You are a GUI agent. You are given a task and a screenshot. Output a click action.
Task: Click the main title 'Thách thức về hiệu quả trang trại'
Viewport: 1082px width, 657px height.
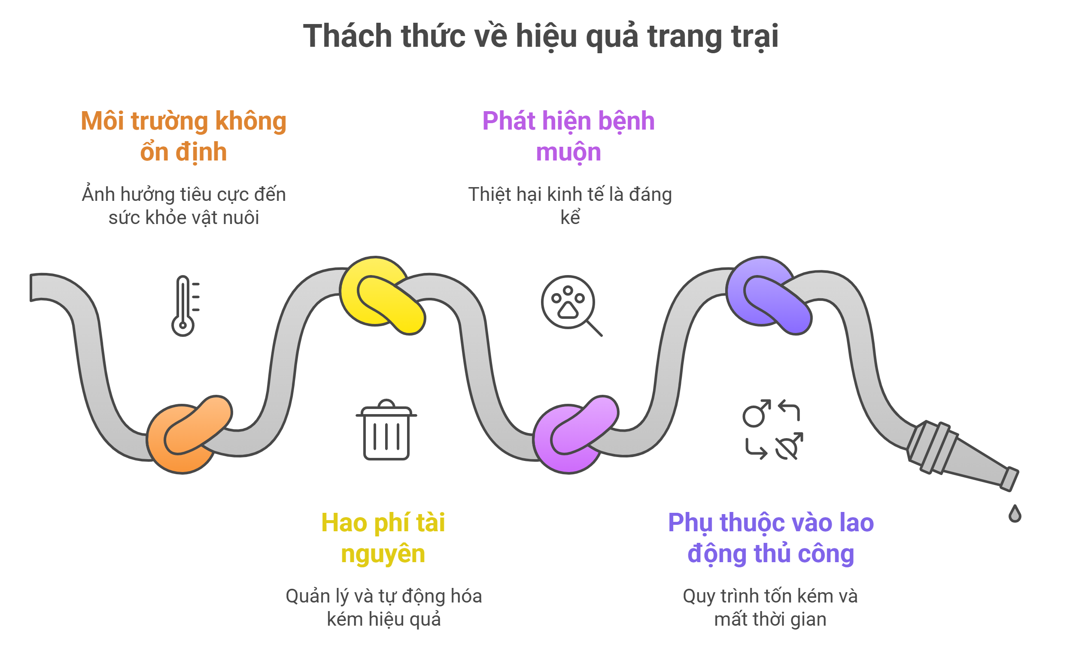click(x=541, y=36)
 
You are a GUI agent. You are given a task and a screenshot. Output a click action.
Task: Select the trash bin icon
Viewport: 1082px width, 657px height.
click(x=386, y=430)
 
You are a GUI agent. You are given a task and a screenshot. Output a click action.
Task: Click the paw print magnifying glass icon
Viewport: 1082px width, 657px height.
click(x=571, y=306)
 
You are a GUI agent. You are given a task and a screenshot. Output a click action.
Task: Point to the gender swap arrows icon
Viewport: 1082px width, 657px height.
click(x=773, y=430)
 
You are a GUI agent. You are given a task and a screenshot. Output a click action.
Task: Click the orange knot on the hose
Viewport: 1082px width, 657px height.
click(x=189, y=434)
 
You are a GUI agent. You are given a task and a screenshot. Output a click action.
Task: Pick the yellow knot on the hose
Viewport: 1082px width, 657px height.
click(x=382, y=295)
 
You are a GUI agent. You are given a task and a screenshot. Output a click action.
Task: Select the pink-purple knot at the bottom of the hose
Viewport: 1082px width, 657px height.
click(x=576, y=434)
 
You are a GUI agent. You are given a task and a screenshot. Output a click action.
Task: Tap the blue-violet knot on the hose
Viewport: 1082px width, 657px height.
click(x=769, y=295)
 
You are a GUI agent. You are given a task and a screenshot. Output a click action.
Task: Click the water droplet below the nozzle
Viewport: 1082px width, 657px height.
click(x=1015, y=514)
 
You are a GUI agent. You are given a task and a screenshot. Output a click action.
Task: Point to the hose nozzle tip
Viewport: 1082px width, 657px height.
click(x=1009, y=479)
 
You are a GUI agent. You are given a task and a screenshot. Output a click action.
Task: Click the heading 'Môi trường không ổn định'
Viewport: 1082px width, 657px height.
click(x=184, y=136)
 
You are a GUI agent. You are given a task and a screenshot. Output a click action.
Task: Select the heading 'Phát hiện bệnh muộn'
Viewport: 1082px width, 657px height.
click(x=568, y=136)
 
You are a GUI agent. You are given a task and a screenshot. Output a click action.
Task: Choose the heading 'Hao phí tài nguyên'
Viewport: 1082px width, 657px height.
click(x=383, y=538)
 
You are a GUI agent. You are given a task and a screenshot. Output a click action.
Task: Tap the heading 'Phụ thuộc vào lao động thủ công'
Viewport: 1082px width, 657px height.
click(x=771, y=538)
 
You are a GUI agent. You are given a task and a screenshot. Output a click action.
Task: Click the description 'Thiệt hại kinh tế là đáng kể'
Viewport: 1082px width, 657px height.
click(x=570, y=206)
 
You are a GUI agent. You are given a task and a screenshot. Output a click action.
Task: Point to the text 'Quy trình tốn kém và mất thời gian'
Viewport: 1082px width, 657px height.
click(x=770, y=607)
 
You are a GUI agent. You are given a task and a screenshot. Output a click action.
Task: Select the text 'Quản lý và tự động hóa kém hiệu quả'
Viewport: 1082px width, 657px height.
click(x=384, y=607)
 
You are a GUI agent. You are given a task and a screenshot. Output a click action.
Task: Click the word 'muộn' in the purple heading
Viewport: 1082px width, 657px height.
click(x=568, y=152)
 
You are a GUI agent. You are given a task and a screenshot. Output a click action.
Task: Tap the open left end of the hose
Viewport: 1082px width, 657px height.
click(x=31, y=288)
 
